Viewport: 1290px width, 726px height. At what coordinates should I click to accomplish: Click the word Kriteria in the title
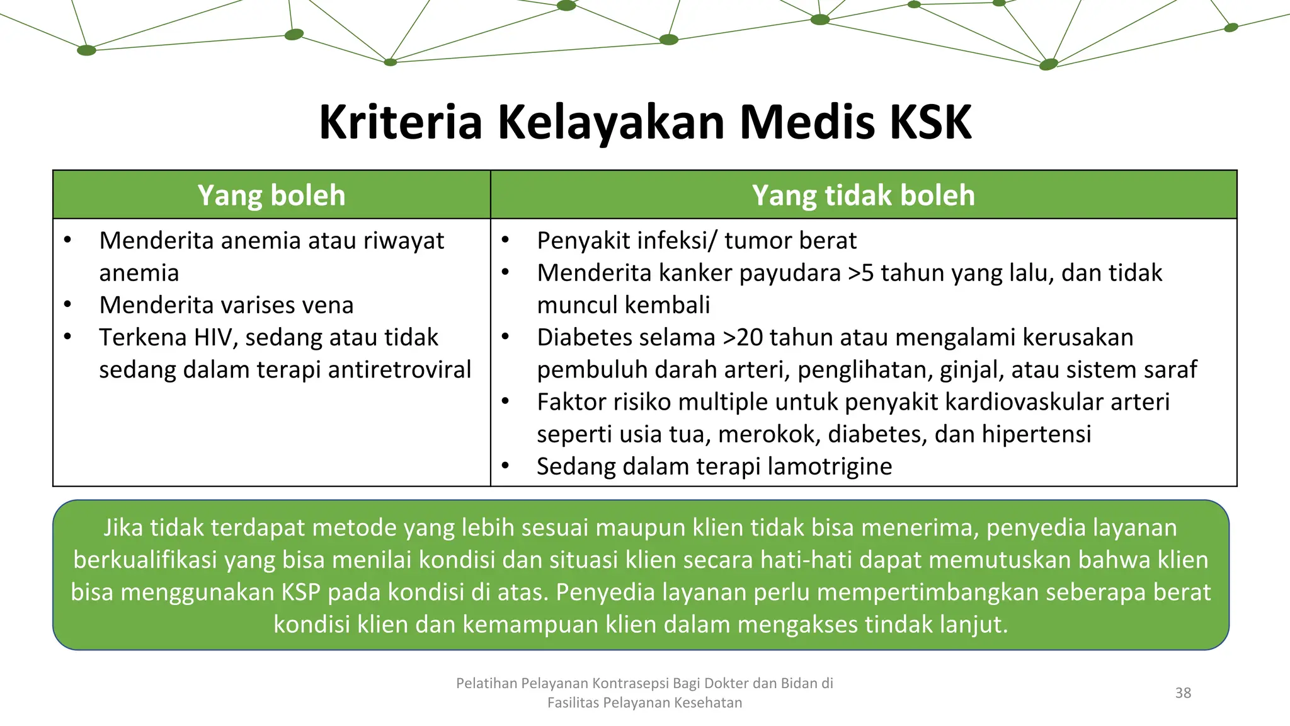[x=401, y=122]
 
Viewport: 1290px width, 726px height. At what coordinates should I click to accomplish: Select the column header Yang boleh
[x=271, y=195]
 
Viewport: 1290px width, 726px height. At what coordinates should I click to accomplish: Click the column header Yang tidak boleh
[x=863, y=195]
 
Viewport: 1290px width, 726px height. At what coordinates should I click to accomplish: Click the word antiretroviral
[x=399, y=370]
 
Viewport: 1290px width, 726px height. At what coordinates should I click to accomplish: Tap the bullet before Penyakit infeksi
[x=505, y=241]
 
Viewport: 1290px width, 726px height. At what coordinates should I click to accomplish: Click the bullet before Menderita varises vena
[x=67, y=305]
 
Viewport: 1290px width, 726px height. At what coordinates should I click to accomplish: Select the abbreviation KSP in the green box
[x=300, y=592]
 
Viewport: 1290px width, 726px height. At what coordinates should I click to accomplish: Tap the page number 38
[x=1183, y=693]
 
